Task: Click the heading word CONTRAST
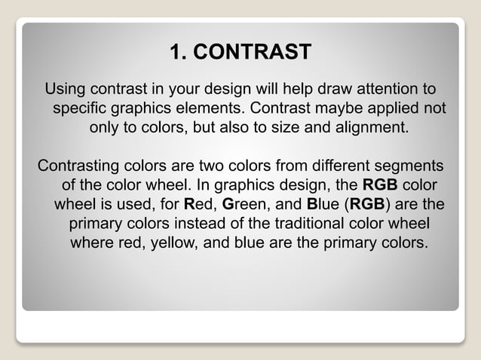pos(257,52)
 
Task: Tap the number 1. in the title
pos(178,52)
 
